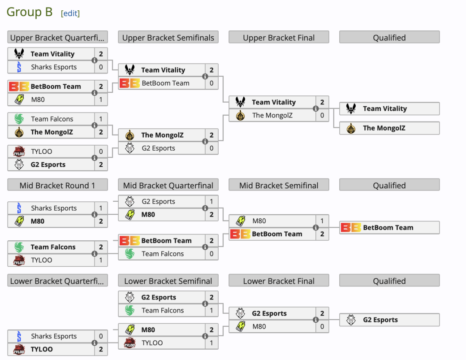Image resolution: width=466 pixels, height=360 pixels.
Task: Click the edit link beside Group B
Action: (70, 13)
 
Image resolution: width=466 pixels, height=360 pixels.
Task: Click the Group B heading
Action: (30, 12)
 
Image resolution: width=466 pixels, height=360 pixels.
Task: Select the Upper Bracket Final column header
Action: (279, 38)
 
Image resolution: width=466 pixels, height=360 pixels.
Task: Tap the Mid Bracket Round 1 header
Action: (57, 186)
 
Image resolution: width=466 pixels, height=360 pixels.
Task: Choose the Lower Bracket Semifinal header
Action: (168, 281)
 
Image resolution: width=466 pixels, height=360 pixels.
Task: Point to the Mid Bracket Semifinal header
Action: (279, 186)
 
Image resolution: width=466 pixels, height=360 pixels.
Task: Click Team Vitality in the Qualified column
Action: (384, 108)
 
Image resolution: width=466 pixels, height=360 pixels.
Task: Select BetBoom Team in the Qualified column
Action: (388, 227)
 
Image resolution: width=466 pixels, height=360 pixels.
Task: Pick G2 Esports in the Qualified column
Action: (380, 320)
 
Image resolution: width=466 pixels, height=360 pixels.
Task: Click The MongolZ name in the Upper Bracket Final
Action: (272, 115)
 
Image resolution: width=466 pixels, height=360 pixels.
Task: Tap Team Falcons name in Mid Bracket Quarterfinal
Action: (163, 254)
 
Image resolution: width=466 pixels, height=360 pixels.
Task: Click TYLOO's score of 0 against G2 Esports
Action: (101, 152)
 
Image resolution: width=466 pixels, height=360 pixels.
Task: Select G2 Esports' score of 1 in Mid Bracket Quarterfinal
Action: (211, 202)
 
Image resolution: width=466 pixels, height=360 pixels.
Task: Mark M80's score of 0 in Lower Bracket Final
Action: (322, 326)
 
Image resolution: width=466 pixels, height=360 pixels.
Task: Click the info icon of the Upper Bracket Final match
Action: (315, 108)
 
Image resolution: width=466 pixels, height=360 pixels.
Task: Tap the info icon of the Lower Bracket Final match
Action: (315, 320)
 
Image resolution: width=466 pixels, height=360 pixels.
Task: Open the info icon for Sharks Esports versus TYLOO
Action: (94, 343)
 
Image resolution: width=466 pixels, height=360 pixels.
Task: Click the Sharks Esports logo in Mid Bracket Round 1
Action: (19, 208)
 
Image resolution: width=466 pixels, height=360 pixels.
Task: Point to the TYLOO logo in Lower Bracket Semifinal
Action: (129, 343)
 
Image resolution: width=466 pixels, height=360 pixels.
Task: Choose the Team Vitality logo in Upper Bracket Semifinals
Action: (129, 70)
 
